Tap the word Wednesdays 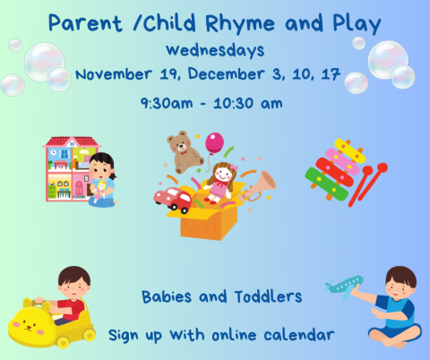(214, 49)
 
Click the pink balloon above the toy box (214, 143)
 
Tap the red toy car (173, 200)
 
